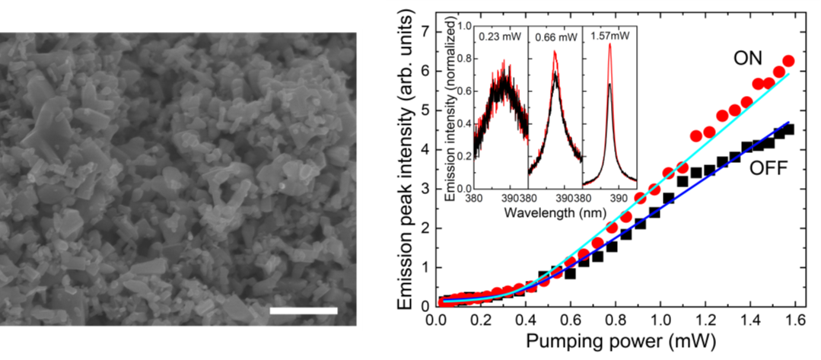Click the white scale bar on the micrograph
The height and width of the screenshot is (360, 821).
coord(304,311)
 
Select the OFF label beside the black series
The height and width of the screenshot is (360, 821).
coord(768,168)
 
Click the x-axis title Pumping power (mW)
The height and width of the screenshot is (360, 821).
coord(620,342)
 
